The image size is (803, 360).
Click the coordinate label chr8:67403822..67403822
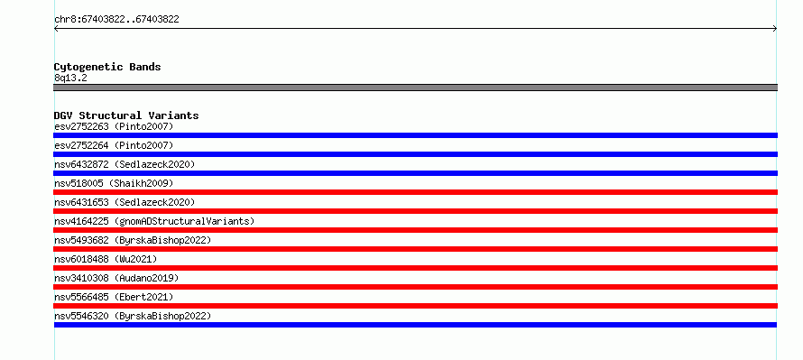coord(116,20)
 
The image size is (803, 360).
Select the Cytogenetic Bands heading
coord(107,67)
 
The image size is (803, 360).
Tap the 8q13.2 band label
coord(70,78)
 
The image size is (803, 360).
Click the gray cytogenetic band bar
coord(415,88)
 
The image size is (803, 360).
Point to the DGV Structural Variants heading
coord(126,115)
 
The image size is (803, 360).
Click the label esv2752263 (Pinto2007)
coord(114,126)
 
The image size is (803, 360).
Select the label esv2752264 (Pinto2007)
coord(114,145)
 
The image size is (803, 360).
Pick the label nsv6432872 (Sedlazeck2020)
coord(125,164)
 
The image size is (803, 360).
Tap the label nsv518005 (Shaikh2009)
coord(114,183)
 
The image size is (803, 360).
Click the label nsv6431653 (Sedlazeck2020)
coord(125,202)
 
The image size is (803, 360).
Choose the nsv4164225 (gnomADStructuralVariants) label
coord(154,221)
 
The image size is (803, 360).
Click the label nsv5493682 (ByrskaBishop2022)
coord(133,240)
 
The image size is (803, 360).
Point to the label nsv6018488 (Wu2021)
coord(106,259)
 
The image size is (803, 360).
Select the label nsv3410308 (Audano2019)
coord(116,278)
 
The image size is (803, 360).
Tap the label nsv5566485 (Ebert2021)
coord(114,297)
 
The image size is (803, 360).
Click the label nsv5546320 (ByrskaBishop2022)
coord(133,316)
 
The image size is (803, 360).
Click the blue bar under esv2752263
coord(415,135)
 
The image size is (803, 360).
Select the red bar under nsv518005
coord(415,192)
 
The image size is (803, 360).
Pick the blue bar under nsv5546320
coord(415,325)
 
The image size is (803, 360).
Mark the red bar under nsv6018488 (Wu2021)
coord(415,268)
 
